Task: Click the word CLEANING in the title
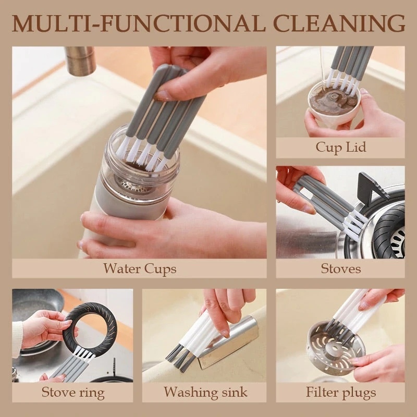click(345, 24)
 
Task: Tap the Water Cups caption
click(139, 269)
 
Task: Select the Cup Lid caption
click(340, 148)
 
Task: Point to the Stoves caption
click(340, 269)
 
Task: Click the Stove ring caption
click(72, 392)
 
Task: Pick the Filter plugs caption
click(340, 392)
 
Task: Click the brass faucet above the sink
click(80, 61)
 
